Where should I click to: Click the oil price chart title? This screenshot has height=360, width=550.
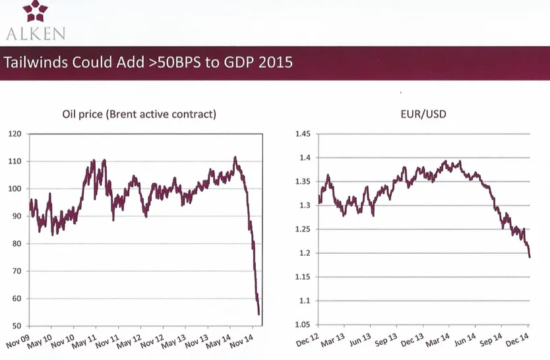pos(139,114)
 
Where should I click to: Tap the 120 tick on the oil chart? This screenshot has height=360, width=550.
pos(15,134)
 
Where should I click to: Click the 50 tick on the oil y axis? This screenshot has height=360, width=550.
pos(17,326)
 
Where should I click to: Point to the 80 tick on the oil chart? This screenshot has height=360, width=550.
pos(17,243)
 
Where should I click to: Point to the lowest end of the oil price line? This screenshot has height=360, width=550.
pos(259,315)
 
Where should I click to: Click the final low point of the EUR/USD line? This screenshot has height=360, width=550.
pos(529,257)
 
